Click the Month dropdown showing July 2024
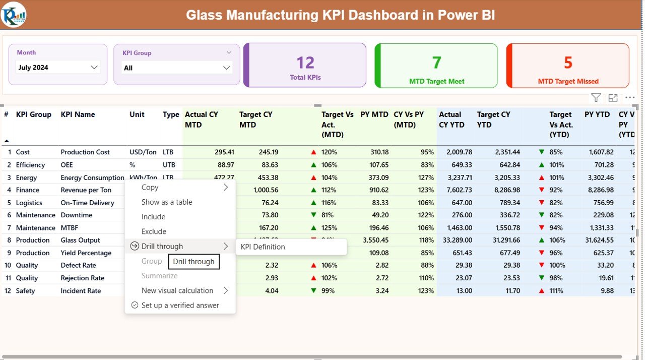[x=57, y=68]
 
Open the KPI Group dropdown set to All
[x=176, y=68]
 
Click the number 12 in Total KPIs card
[x=305, y=63]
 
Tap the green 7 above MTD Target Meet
[x=436, y=63]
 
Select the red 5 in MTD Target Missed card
[x=568, y=63]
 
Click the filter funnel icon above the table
[x=596, y=98]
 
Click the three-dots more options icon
[x=630, y=98]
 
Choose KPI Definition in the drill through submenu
[x=263, y=247]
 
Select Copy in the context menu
[x=150, y=188]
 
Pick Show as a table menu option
[x=167, y=202]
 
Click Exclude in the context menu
[x=154, y=232]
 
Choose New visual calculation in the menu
[x=177, y=291]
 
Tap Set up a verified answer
[x=180, y=306]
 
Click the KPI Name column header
[x=78, y=115]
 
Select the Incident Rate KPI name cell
[x=81, y=291]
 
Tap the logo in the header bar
[x=14, y=15]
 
